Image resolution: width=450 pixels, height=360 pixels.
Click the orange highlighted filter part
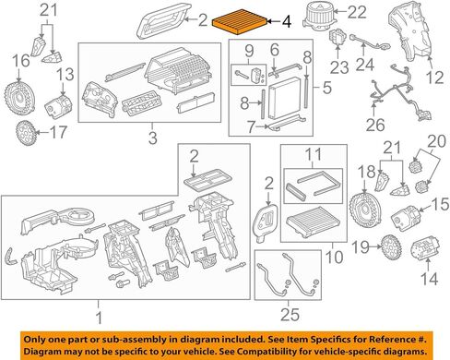[x=240, y=24]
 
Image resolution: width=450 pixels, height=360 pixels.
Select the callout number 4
[x=286, y=22]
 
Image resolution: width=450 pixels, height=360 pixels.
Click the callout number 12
[x=434, y=78]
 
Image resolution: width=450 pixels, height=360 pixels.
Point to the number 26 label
[x=375, y=125]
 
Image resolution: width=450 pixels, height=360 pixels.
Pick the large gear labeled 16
[x=19, y=98]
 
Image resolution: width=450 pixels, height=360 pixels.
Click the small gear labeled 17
[x=26, y=133]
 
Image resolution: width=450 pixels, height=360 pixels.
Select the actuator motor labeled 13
[x=58, y=106]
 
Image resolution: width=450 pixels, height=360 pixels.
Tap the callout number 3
[x=153, y=138]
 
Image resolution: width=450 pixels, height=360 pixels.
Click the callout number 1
[x=99, y=318]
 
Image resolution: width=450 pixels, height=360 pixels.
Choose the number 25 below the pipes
[x=290, y=315]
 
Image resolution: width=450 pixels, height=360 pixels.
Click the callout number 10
[x=334, y=258]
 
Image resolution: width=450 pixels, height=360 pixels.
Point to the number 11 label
[x=314, y=154]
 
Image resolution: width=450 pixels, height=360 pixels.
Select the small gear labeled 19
[x=391, y=247]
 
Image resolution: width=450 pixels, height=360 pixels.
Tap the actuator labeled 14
[x=425, y=248]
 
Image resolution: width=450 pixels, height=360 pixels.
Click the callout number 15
[x=440, y=205]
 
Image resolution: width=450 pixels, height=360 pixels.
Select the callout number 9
[x=249, y=51]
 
